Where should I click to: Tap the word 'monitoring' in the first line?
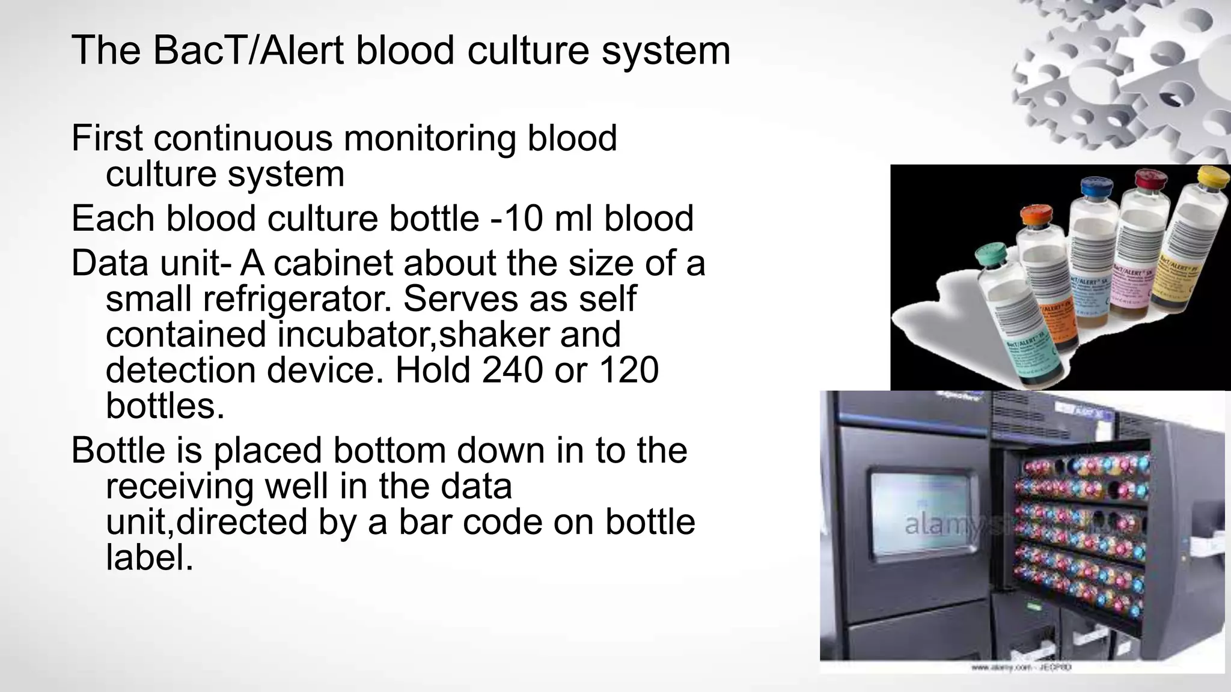click(429, 138)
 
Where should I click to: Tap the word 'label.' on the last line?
click(150, 557)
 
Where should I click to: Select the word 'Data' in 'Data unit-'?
click(111, 264)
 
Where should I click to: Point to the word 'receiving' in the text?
click(179, 486)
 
